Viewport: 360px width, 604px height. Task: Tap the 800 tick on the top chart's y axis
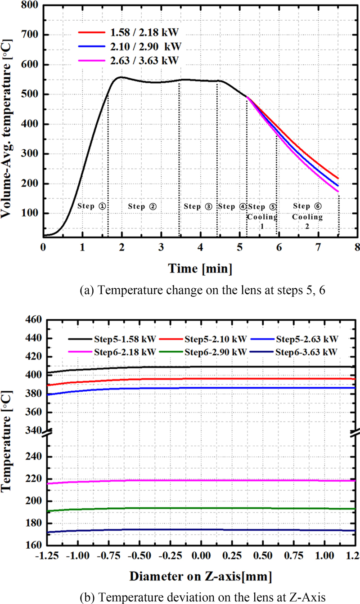click(30, 5)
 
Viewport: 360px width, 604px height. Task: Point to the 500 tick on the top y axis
click(30, 94)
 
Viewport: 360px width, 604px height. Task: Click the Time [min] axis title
click(201, 268)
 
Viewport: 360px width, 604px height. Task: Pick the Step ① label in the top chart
click(91, 206)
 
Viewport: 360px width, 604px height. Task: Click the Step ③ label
click(198, 206)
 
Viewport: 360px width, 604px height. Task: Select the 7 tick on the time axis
click(318, 247)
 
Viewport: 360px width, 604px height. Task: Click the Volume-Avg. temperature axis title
click(10, 121)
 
